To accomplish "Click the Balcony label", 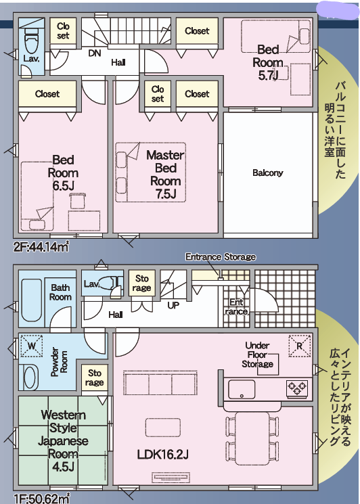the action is point(267,173).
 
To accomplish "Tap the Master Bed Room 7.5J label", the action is point(166,175).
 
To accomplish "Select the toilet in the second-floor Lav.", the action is point(31,44).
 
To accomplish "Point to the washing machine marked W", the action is point(32,346).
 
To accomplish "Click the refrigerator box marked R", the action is point(300,346).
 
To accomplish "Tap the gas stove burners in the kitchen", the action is point(297,388).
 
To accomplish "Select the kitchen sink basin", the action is point(242,390).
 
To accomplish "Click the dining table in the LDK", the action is point(252,438).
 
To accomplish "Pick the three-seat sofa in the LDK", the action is point(160,383).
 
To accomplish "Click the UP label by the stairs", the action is point(173,305).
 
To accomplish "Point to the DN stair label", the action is point(95,53).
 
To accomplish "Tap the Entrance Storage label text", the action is point(221,257).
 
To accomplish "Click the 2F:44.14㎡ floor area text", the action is point(41,247).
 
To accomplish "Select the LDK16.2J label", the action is point(162,455).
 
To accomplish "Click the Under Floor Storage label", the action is point(257,354).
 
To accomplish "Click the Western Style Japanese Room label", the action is point(63,440).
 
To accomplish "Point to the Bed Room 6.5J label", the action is point(63,173).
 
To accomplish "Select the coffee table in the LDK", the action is point(162,428).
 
